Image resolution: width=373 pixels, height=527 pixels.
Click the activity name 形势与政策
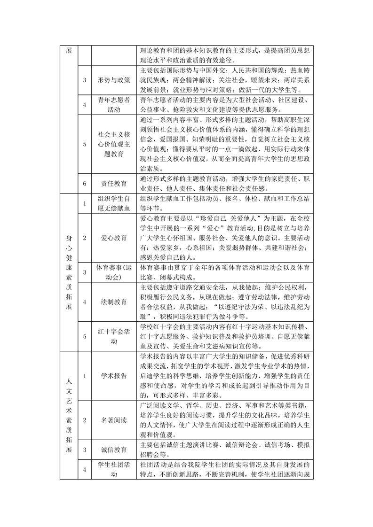point(114,80)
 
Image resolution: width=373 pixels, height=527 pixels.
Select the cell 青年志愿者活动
point(114,104)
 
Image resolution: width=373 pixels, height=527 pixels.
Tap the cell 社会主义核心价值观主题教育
point(114,144)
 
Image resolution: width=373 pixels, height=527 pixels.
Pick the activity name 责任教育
point(114,183)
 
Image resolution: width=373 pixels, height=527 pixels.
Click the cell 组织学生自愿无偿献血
point(114,203)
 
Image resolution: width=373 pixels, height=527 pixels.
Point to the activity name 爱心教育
point(114,238)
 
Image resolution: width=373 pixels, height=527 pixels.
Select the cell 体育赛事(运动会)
point(114,272)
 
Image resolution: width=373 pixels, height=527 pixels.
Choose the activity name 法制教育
point(114,302)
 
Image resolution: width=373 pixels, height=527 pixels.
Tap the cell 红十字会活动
point(114,336)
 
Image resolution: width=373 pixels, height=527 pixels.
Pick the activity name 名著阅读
point(114,419)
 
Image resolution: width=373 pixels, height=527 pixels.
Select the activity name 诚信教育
point(114,449)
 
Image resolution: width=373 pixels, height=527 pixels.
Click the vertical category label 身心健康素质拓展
point(69,271)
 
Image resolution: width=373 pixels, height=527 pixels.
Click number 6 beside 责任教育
point(84,183)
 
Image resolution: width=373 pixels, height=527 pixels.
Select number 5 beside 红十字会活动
point(84,336)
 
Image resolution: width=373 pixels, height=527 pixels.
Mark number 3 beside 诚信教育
point(84,449)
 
